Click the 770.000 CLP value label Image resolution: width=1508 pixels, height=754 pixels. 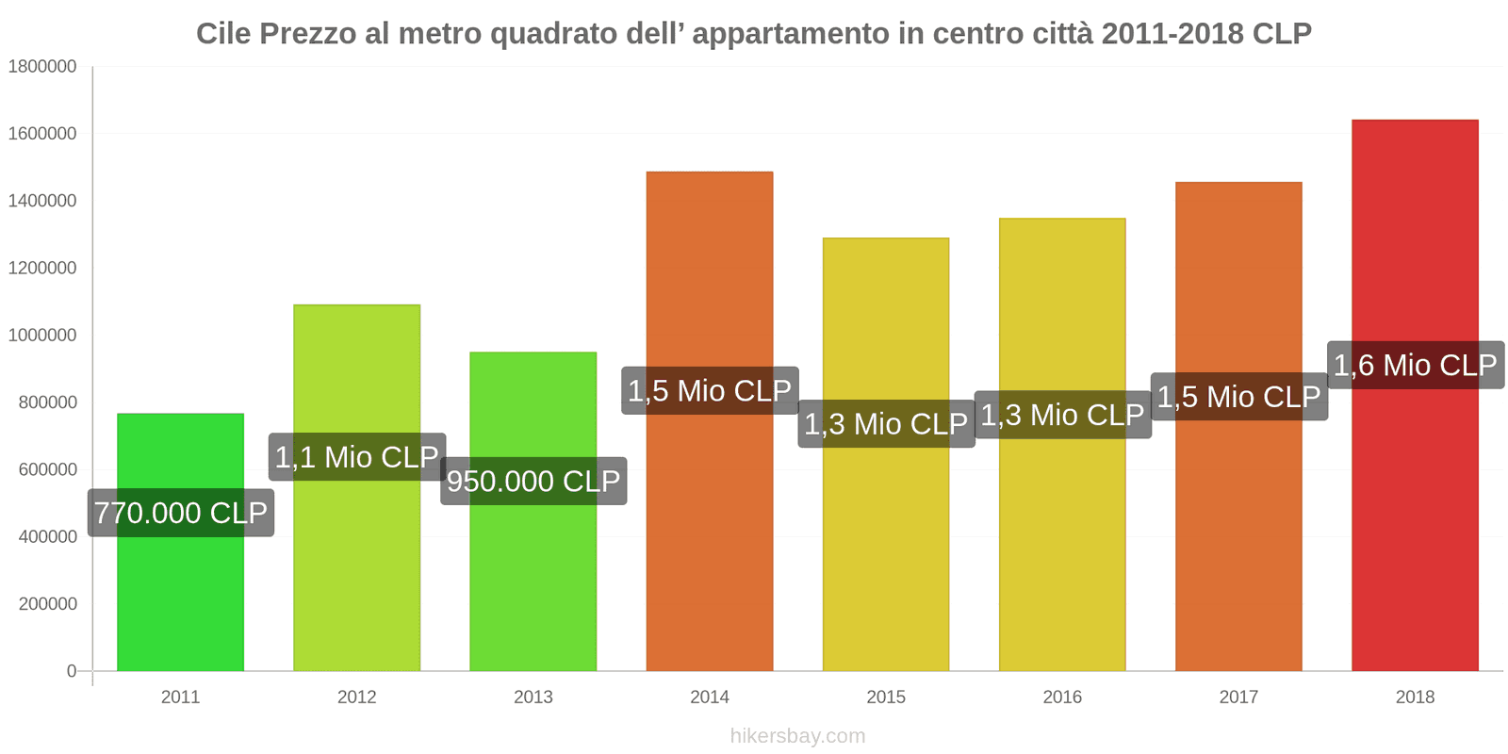tap(181, 513)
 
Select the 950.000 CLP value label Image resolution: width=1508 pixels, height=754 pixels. tap(533, 481)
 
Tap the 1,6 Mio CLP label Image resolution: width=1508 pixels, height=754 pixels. tap(1415, 365)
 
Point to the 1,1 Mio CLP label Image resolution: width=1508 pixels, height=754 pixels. tap(357, 457)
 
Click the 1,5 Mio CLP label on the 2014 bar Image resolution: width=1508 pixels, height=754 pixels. tap(710, 390)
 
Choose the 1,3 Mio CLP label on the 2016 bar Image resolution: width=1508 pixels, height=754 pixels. tap(1062, 415)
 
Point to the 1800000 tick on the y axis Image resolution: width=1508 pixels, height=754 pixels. tap(42, 67)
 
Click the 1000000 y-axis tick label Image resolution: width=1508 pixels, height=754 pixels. tap(42, 336)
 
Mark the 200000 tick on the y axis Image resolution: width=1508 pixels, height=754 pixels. tap(47, 604)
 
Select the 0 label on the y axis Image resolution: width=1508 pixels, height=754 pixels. tap(72, 671)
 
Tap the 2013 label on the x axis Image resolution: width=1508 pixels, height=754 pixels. tap(533, 697)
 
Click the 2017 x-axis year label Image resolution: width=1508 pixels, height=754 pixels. tap(1238, 697)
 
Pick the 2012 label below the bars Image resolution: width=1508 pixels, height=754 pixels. tap(356, 697)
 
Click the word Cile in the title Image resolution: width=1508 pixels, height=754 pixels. tap(223, 34)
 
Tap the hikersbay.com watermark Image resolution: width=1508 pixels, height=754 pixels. tap(797, 736)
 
